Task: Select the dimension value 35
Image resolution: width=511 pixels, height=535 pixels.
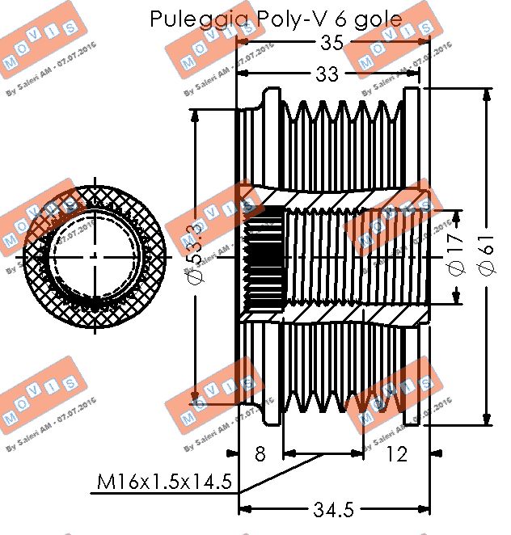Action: [x=332, y=43]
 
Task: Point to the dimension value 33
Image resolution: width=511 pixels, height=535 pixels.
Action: [x=327, y=74]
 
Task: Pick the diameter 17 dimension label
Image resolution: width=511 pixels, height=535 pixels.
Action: [x=456, y=257]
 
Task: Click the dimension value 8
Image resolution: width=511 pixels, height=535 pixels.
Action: [x=260, y=453]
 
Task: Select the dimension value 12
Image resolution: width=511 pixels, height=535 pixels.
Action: [x=397, y=453]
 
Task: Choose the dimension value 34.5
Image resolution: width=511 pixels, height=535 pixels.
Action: [x=333, y=510]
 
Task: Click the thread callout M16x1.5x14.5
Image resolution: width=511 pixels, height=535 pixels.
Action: [x=164, y=483]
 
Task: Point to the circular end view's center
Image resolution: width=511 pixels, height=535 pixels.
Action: [x=95, y=256]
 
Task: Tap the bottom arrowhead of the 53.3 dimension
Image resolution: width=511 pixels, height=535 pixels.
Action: [x=194, y=398]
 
